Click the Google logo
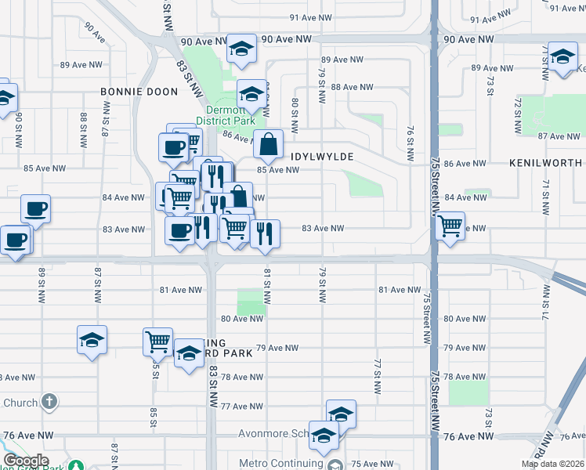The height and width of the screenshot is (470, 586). point(25,461)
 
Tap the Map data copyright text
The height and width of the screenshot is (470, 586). point(553,464)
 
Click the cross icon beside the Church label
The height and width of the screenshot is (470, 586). point(49,403)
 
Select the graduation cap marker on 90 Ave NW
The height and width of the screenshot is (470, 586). point(242,49)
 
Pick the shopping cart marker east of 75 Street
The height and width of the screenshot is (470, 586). point(450,226)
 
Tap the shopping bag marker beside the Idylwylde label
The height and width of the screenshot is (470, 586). point(268,144)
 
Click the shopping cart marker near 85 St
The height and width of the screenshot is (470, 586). point(157,342)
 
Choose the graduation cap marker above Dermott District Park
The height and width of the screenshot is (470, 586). point(251,96)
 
